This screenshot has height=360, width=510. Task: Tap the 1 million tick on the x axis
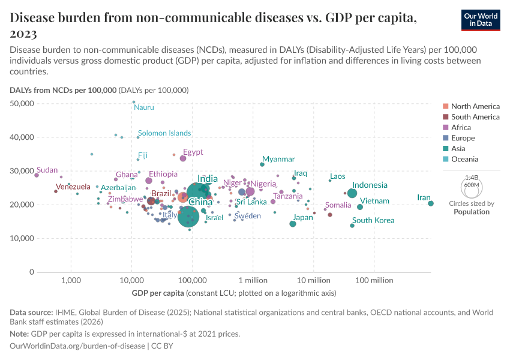pyautogui.click(x=253, y=280)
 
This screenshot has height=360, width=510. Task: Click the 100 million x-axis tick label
pyautogui.click(x=374, y=280)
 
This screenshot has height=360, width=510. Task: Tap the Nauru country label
pyautogui.click(x=144, y=107)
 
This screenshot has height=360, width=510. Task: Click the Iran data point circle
pyautogui.click(x=431, y=203)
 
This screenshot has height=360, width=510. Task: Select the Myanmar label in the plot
pyautogui.click(x=278, y=159)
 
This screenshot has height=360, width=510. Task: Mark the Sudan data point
pyautogui.click(x=37, y=175)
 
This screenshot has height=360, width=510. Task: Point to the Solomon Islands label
pyautogui.click(x=164, y=133)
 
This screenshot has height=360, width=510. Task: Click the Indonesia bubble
pyautogui.click(x=352, y=193)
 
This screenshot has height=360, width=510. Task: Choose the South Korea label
pyautogui.click(x=373, y=220)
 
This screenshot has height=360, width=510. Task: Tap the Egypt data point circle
pyautogui.click(x=183, y=159)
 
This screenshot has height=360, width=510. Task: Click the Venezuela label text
pyautogui.click(x=73, y=187)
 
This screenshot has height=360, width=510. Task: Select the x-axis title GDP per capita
pyautogui.click(x=158, y=293)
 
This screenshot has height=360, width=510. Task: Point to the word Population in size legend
pyautogui.click(x=472, y=212)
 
